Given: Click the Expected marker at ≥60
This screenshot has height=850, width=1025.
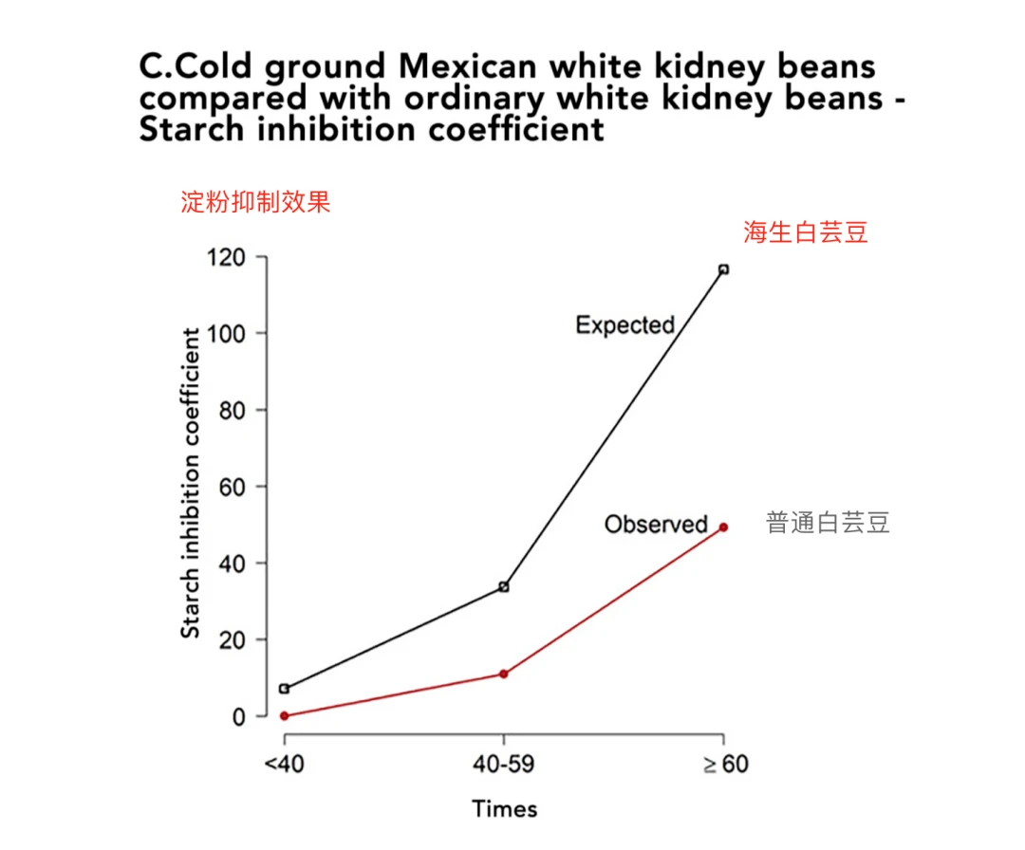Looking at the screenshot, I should [723, 269].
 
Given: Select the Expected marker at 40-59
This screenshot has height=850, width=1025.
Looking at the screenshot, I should [503, 587].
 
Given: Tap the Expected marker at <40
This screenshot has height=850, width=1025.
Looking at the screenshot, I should [284, 689].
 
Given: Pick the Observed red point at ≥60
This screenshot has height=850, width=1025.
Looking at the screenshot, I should [723, 527].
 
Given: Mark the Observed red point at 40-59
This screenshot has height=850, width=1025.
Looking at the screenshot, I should [503, 674].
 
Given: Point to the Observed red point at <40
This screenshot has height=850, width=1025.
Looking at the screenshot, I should [284, 715].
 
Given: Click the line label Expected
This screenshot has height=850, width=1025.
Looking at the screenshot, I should [624, 325].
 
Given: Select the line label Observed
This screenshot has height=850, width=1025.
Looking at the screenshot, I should [656, 524].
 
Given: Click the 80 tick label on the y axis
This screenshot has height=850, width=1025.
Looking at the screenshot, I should [232, 411].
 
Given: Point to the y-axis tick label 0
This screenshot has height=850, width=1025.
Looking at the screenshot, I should [238, 716].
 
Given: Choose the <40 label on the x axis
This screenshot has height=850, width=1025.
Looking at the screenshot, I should [284, 765].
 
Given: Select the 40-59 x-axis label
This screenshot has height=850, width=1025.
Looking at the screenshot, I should [503, 765].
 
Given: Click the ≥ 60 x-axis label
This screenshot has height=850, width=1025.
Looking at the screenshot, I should [725, 765].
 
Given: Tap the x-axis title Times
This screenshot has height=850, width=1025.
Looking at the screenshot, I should [504, 809].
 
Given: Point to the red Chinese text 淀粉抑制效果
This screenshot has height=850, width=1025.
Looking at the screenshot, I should [255, 202].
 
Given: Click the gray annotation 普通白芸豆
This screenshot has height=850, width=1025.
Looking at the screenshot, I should [828, 523].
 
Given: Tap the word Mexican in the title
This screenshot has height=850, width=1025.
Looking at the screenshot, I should [476, 67].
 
